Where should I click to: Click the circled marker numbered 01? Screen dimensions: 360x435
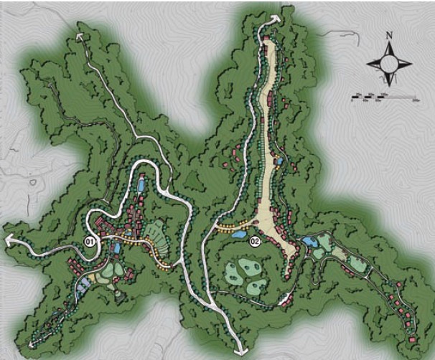coord(90,241)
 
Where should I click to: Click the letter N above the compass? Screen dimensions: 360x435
coord(388,34)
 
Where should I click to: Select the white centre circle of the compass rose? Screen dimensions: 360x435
coord(388,63)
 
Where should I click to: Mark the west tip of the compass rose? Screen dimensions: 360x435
coord(368,63)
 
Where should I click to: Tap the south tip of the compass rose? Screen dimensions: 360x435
coord(389,85)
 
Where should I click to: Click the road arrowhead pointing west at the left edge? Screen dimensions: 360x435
coord(7,242)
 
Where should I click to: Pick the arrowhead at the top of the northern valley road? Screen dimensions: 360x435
coord(273,16)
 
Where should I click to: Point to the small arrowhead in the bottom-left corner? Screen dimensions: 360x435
coord(32,346)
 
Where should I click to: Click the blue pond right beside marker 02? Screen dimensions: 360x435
coord(238,234)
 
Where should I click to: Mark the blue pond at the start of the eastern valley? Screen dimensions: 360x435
coord(310,242)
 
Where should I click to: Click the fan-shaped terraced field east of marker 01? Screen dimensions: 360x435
coord(156,234)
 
